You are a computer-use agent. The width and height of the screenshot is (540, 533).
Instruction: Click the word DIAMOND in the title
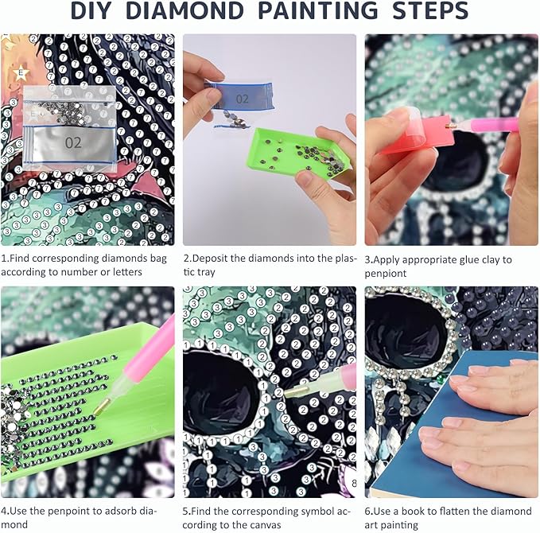coord(185,10)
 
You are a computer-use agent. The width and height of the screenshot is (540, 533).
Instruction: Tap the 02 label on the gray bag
coord(73,142)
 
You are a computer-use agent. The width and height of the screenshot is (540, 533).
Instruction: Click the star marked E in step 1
coord(21,72)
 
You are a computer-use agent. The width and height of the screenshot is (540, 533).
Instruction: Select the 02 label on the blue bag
coord(242,99)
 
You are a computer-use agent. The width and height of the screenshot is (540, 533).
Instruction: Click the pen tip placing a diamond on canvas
coord(297,391)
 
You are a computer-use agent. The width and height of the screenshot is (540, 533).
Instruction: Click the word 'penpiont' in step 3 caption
coord(386,274)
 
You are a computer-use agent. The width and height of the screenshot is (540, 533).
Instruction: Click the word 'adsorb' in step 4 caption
coord(111,511)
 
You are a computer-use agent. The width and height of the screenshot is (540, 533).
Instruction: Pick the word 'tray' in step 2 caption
coord(205,273)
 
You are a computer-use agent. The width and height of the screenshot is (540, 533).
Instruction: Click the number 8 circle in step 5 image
coord(354,484)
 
